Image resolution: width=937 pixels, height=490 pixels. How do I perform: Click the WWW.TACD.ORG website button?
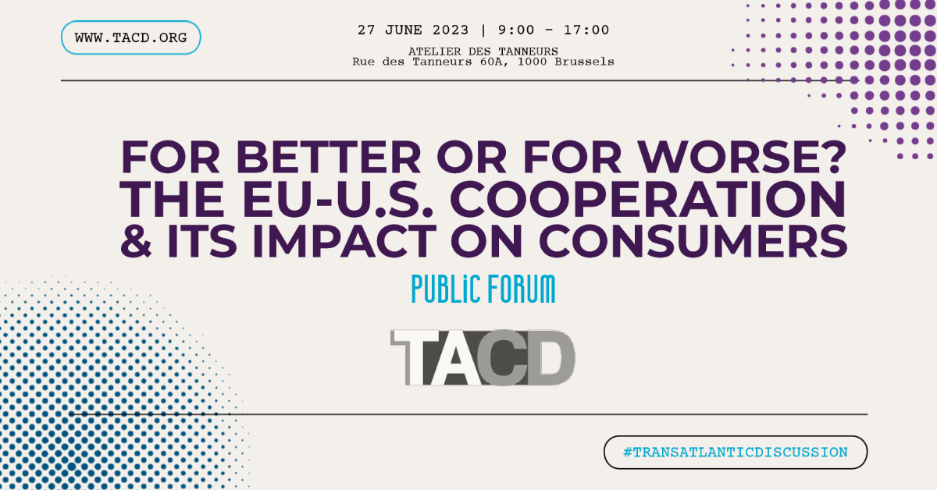pos(130,37)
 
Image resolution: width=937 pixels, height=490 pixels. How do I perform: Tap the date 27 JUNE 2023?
pos(413,30)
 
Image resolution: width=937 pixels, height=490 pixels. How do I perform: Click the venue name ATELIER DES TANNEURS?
pos(483,51)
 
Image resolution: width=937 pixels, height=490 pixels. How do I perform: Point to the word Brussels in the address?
pos(584,62)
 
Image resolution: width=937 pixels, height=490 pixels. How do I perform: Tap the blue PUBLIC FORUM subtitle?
pos(483,290)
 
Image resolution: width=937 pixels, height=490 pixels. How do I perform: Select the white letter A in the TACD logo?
pos(459,357)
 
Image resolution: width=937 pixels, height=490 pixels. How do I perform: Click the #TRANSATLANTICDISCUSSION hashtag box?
pos(736,453)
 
